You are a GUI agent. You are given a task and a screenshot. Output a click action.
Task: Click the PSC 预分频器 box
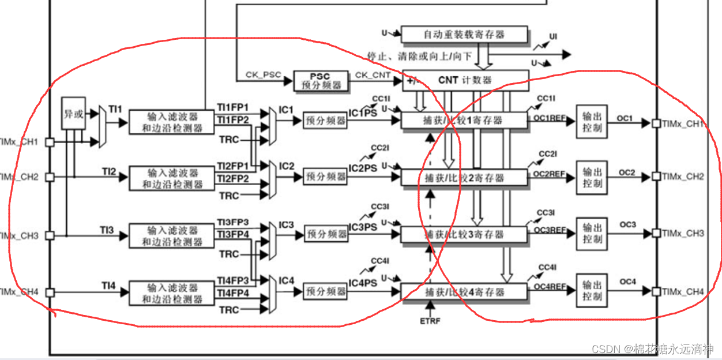coord(321,80)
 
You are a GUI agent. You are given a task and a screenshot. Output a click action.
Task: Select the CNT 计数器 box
coord(465,80)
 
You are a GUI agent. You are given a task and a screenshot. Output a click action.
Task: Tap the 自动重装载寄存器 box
coord(464,35)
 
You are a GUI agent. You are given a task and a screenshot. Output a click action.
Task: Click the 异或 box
coord(73,114)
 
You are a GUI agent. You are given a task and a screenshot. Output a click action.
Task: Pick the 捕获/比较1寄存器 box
coord(464,120)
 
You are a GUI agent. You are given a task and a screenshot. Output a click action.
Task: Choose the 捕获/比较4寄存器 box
coord(464,292)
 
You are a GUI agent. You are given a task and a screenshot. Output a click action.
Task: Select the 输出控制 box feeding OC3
coord(592,233)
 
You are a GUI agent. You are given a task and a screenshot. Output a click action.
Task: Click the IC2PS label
coord(363,168)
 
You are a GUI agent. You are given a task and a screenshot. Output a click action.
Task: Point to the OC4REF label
coord(549,286)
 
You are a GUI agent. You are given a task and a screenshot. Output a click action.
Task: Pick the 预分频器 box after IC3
coord(326,235)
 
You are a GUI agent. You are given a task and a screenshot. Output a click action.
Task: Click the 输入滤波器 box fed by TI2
coord(172,178)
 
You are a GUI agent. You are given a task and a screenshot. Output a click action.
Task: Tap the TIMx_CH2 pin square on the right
coord(656,177)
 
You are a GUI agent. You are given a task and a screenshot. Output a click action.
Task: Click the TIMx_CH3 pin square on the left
coord(50,235)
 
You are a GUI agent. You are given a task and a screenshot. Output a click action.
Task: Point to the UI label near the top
coord(553,37)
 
